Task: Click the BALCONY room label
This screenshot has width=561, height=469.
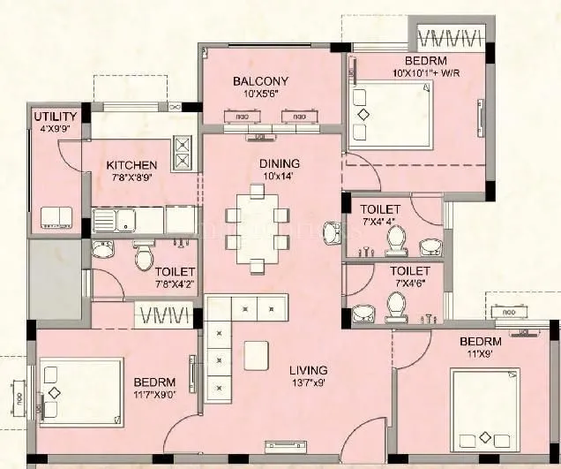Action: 260,82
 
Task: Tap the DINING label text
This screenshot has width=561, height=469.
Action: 279,163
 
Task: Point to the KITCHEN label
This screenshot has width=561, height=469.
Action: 131,165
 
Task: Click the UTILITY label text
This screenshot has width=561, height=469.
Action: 55,117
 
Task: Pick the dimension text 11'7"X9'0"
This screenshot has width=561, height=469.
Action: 161,396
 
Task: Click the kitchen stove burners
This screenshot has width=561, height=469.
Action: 183,152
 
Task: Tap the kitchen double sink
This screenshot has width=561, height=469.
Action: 116,219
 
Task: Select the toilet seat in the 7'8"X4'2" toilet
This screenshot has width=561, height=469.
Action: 142,256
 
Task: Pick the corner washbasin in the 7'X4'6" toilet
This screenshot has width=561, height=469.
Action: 363,313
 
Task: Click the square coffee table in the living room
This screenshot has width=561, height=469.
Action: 257,353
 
